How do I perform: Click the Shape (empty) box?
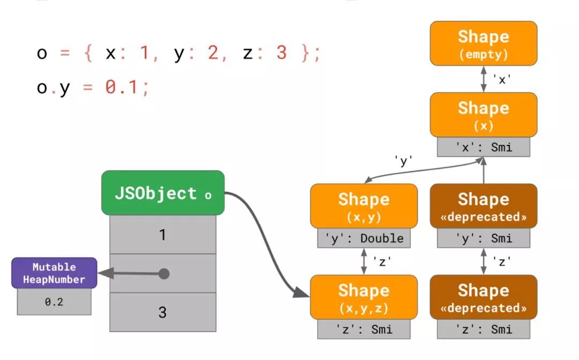[x=483, y=43]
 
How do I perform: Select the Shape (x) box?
[x=483, y=114]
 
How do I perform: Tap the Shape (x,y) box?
[x=363, y=206]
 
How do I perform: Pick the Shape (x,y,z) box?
[x=363, y=297]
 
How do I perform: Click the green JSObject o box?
[x=162, y=193]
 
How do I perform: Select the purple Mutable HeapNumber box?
[x=54, y=273]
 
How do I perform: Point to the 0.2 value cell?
[x=54, y=302]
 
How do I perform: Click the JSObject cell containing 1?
[x=162, y=234]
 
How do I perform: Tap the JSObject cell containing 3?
[x=162, y=312]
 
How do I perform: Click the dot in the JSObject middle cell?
[x=164, y=274]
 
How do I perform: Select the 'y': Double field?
[x=363, y=238]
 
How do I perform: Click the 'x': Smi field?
[x=483, y=147]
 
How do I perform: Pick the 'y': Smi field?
[x=483, y=238]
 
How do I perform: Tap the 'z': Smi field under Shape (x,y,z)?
[x=363, y=329]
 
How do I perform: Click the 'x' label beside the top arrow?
[x=502, y=79]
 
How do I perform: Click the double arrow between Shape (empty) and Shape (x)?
[x=484, y=79]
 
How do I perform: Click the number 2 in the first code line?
[x=213, y=53]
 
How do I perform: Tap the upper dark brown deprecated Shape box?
[x=483, y=206]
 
